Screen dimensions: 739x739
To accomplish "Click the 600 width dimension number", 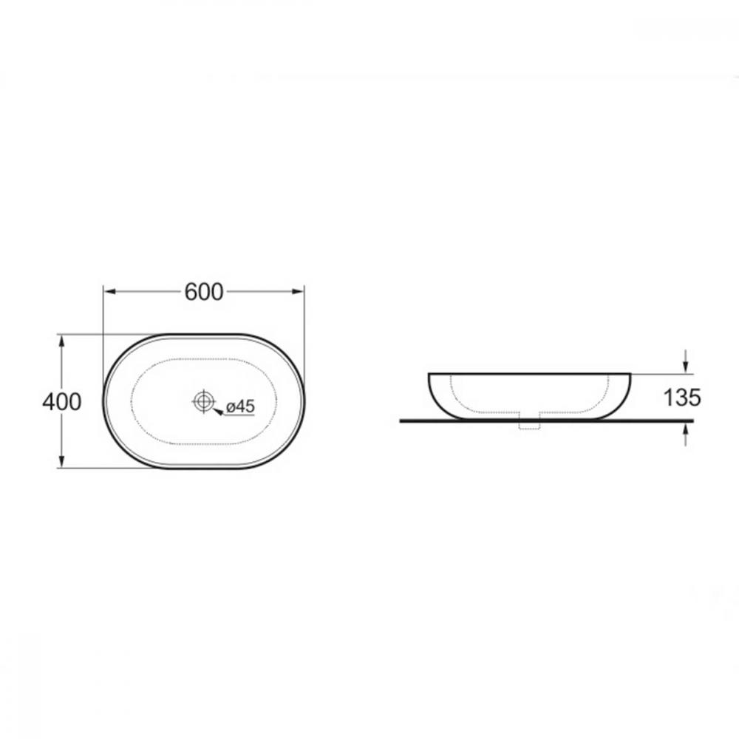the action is coord(204,292).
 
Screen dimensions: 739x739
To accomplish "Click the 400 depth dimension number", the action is coord(62,402).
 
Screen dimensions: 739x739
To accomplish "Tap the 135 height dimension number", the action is coord(682,398).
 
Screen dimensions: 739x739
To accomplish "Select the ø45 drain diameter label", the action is coord(240,406).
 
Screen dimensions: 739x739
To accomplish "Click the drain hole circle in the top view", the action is coord(203,401).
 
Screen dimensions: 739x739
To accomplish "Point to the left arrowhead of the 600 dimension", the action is coord(109,292).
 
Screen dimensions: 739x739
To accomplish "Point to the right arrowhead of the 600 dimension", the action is coord(299,292).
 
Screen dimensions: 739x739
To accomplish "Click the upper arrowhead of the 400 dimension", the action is coord(61,341).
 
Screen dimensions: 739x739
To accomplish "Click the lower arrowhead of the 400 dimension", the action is coord(61,462).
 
